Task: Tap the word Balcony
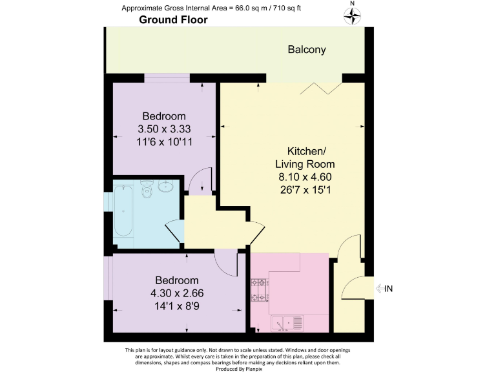click(307, 49)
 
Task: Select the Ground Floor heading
click(173, 20)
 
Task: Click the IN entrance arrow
click(383, 289)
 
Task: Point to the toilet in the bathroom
click(147, 189)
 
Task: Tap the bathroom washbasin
click(166, 187)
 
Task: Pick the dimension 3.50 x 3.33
click(164, 129)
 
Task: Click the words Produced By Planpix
click(247, 367)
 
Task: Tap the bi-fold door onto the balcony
click(322, 86)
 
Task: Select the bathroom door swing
click(175, 231)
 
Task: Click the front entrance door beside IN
click(353, 289)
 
